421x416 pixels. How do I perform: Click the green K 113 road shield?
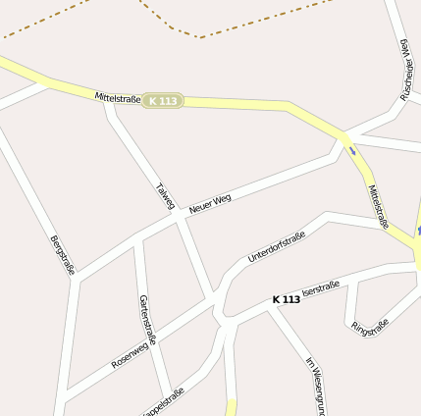(x=162, y=101)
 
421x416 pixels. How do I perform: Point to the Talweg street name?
(x=165, y=196)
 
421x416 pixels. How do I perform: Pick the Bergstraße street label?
(x=61, y=254)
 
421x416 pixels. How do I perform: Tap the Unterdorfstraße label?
(x=277, y=245)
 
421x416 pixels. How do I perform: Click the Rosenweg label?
(x=134, y=347)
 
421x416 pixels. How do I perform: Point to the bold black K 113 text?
(x=287, y=299)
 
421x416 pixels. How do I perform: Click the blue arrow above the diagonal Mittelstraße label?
(x=350, y=150)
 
